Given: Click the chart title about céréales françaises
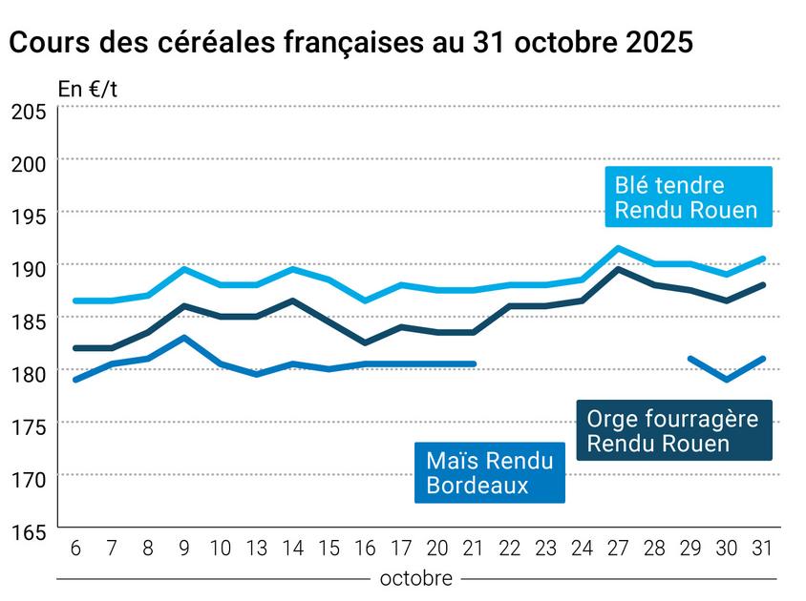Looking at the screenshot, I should click(350, 44).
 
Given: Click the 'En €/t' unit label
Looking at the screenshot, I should click(88, 90).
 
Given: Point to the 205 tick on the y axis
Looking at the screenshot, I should click(29, 112).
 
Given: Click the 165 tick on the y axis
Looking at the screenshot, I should click(29, 531).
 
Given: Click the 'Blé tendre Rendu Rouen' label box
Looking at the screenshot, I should click(687, 197).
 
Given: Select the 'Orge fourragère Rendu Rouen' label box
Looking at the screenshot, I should click(672, 430).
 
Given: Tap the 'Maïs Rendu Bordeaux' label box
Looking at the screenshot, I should click(489, 473).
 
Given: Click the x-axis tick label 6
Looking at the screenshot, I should click(74, 549).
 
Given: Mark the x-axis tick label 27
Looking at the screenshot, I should click(619, 549).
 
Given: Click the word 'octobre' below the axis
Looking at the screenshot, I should click(416, 578).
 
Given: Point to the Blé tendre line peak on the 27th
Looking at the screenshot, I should click(619, 248).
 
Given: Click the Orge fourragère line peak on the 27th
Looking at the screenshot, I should click(619, 269).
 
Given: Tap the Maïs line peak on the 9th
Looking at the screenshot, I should click(184, 337).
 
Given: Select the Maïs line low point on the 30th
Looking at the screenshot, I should click(727, 380).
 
